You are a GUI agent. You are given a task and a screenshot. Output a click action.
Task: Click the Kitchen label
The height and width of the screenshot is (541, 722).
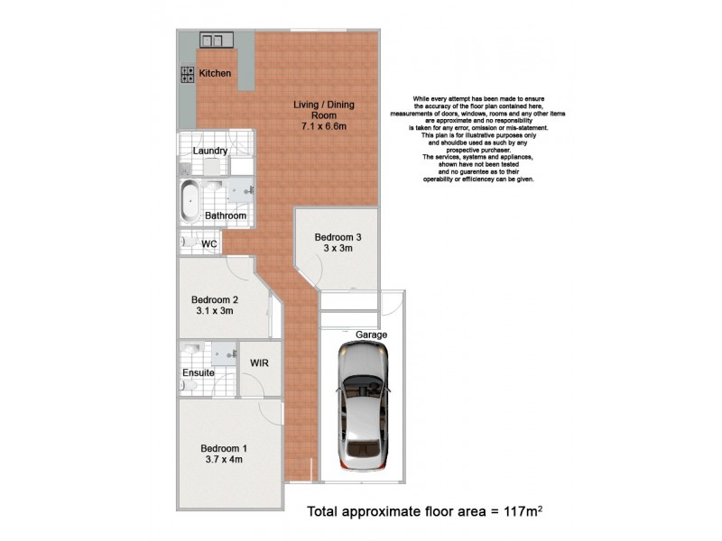(x=216, y=73)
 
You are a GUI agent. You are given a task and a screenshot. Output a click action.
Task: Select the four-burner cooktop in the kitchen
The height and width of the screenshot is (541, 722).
(x=190, y=74)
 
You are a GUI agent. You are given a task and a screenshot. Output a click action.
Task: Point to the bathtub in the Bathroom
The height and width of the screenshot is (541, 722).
(x=190, y=202)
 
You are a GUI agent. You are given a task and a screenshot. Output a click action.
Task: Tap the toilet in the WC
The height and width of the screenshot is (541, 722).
(x=187, y=243)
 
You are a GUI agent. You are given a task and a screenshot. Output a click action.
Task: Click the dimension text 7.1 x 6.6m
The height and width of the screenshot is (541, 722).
(x=323, y=126)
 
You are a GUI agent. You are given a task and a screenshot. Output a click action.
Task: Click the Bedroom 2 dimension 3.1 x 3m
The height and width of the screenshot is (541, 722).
(x=214, y=312)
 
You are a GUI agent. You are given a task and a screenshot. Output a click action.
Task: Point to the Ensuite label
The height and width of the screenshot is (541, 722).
(x=199, y=371)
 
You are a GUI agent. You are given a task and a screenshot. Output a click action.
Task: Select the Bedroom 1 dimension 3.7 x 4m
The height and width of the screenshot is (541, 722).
(x=222, y=460)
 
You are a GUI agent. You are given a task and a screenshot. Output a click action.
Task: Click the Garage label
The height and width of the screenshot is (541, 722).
(x=371, y=335)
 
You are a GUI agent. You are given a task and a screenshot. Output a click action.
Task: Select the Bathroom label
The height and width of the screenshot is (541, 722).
(x=225, y=215)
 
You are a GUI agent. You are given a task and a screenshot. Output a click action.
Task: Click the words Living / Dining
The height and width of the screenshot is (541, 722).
(x=324, y=105)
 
